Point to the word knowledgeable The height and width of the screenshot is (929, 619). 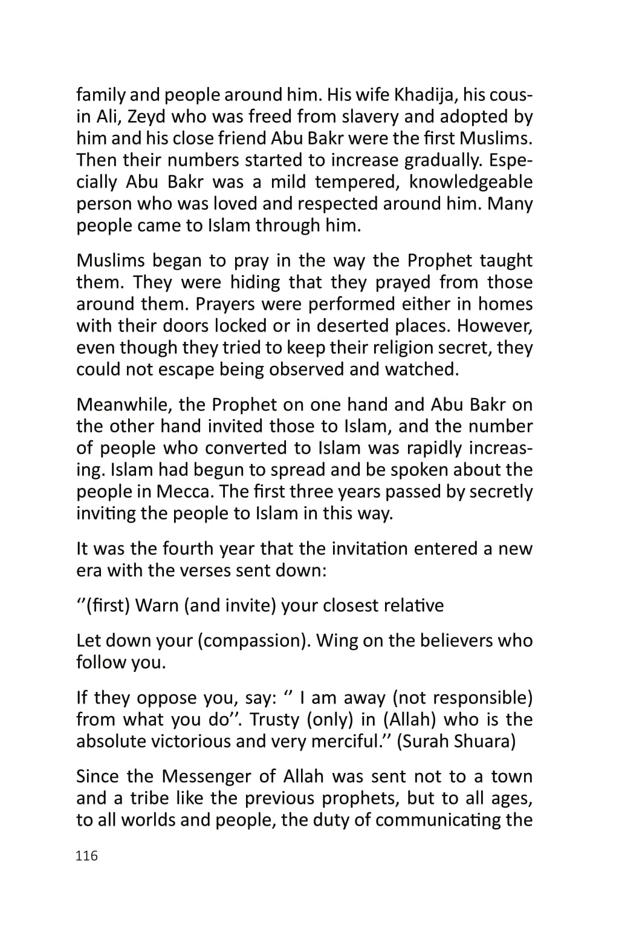point(471,182)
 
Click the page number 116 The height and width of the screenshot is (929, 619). point(86,856)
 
